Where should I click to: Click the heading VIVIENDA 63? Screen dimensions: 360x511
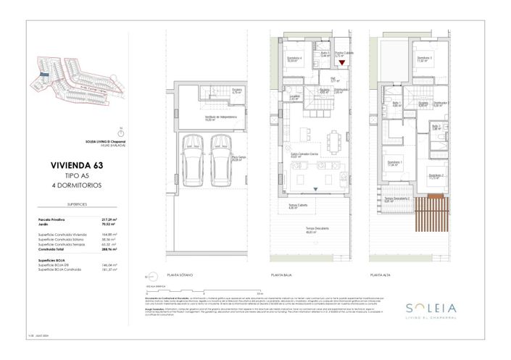(x=76, y=166)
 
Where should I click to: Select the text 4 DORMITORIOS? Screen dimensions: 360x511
(x=76, y=185)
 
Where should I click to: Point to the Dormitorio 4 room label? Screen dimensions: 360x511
(x=294, y=59)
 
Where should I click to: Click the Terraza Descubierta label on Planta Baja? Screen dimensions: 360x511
(x=314, y=231)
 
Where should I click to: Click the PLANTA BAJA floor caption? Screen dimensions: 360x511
(x=282, y=275)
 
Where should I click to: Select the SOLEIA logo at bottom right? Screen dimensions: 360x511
(x=431, y=306)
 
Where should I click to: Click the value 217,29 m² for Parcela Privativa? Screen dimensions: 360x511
(x=110, y=219)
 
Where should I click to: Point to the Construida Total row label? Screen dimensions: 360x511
(x=51, y=249)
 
